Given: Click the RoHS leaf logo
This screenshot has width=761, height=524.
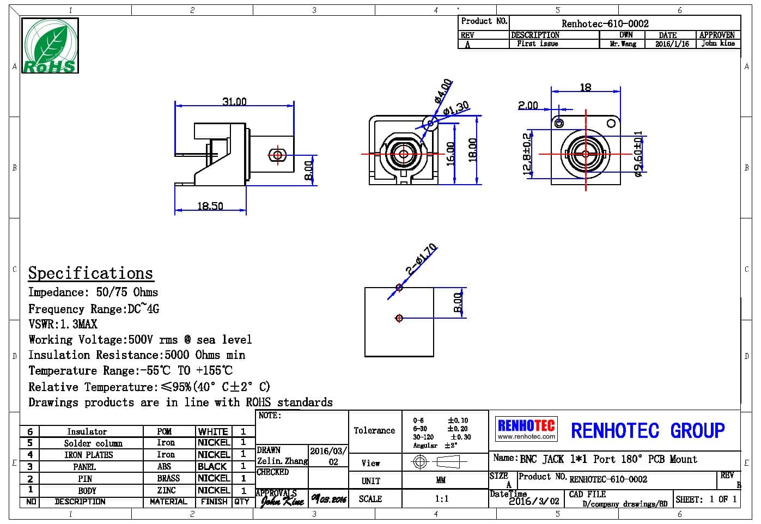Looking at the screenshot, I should tap(50, 46).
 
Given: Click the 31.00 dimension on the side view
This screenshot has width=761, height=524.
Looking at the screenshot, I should tap(234, 101).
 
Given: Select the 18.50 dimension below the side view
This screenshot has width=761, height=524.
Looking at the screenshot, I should tap(210, 206).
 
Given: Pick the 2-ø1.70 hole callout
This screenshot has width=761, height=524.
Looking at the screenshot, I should tap(421, 259).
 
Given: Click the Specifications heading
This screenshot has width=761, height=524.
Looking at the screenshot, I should tap(90, 273).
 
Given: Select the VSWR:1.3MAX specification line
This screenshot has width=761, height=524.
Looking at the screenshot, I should tap(63, 324).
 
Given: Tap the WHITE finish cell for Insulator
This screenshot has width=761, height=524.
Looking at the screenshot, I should tap(213, 431).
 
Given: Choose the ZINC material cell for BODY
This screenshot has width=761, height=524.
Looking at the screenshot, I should tap(167, 490).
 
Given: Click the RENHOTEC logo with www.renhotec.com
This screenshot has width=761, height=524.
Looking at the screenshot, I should tap(526, 429).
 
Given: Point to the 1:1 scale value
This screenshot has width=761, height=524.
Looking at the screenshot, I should tap(442, 498).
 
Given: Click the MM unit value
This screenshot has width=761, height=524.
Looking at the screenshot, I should tap(441, 480).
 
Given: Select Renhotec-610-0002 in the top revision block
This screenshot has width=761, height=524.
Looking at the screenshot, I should tap(605, 23).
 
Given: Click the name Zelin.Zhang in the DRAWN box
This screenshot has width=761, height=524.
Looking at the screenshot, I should tap(282, 461).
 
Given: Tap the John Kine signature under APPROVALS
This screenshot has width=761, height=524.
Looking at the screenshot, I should tap(282, 500).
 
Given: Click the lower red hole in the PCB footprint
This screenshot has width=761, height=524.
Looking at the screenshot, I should tap(399, 318).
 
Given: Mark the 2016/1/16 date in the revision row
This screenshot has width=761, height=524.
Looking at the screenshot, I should tap(672, 44).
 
